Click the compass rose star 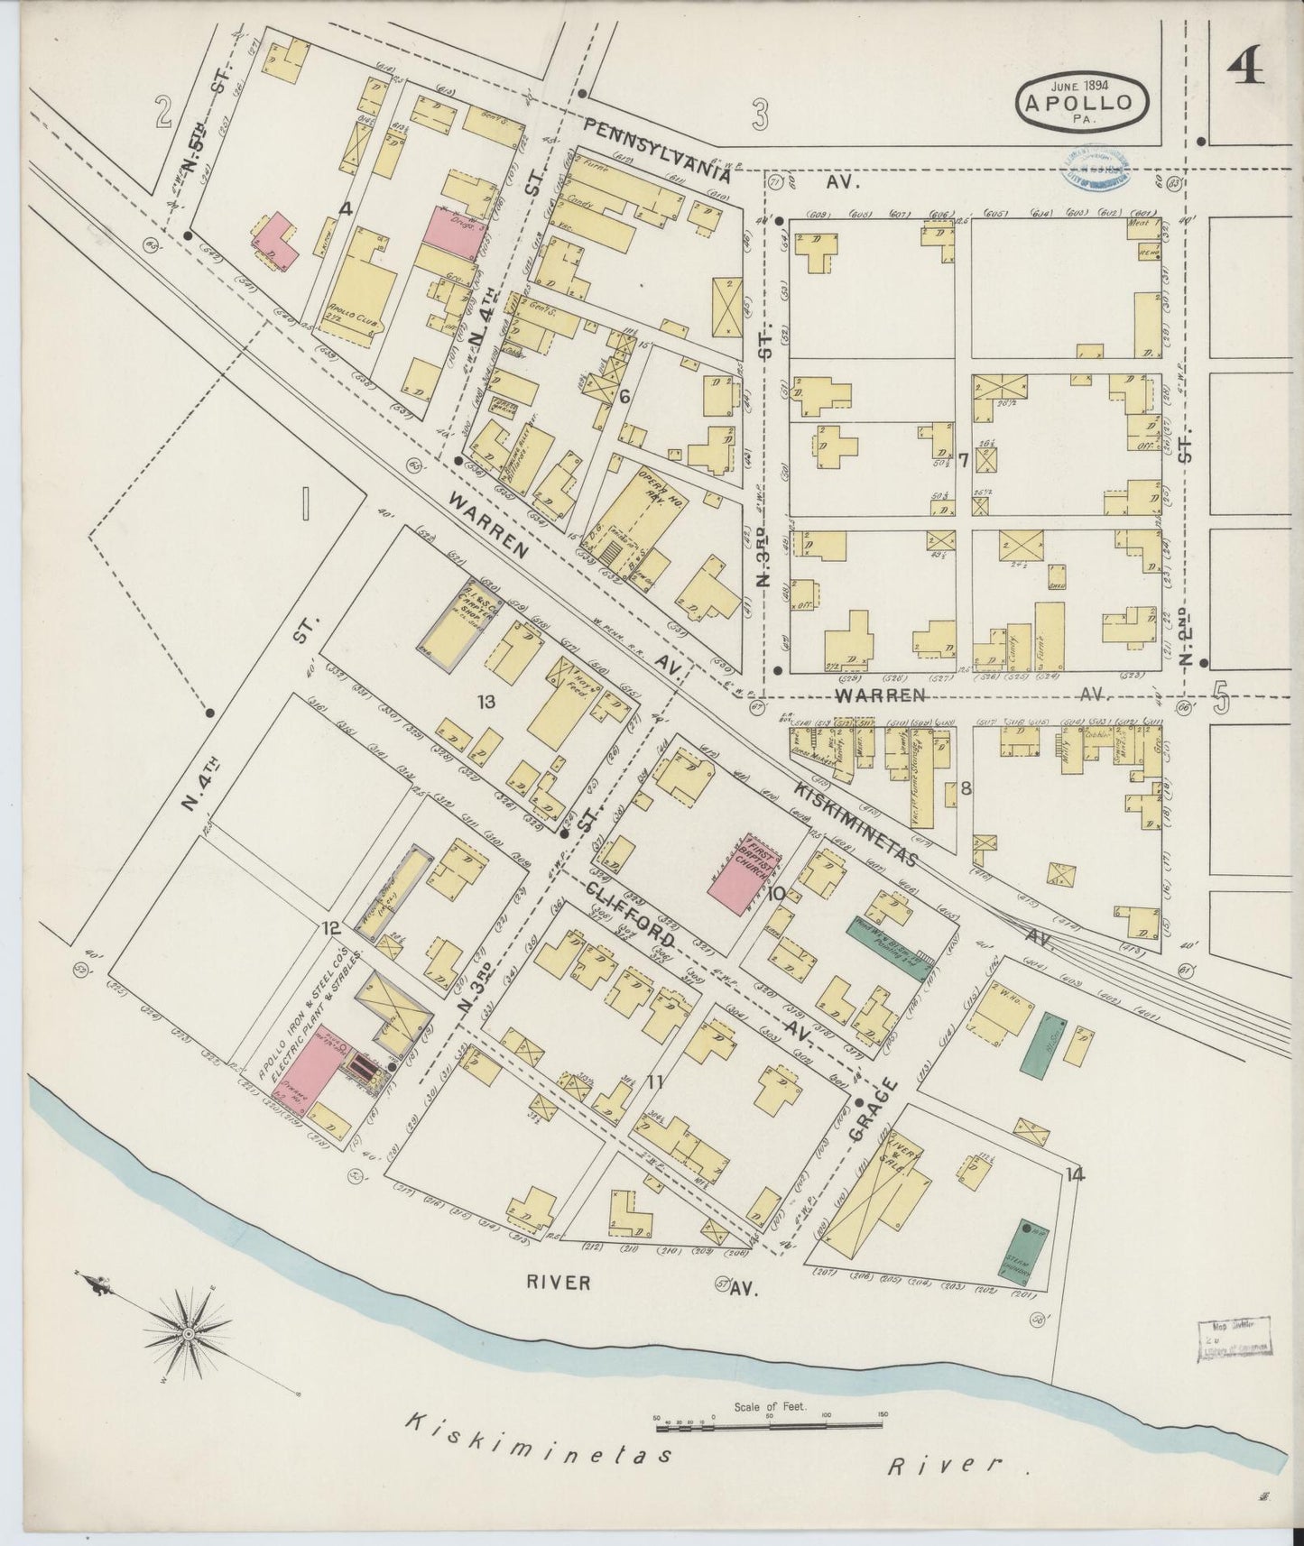point(190,1333)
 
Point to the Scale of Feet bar point(769,1426)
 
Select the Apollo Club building point(358,289)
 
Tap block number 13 point(486,702)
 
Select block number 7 point(963,461)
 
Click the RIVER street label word point(559,1282)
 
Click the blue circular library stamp point(1095,167)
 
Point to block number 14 point(1074,1173)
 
